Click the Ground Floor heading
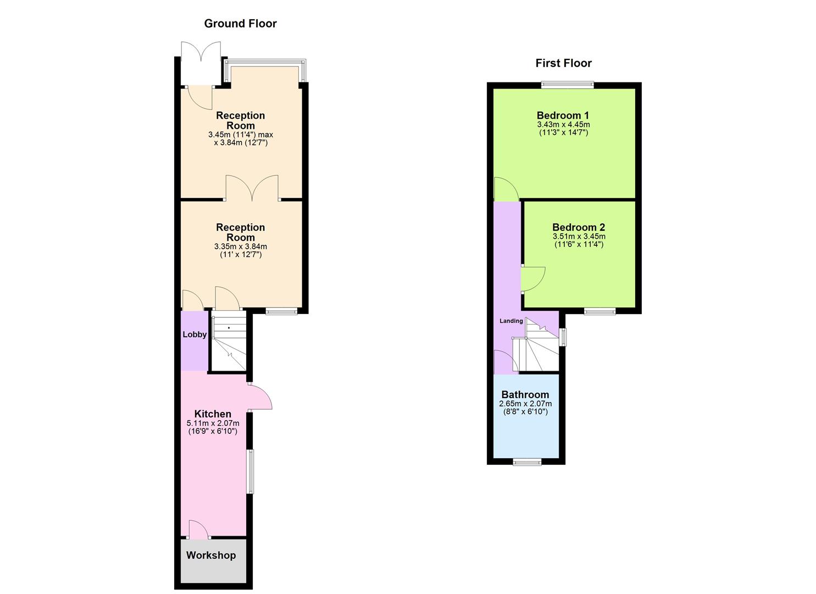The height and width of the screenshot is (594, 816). tap(240, 24)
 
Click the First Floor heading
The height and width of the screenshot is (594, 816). tap(563, 63)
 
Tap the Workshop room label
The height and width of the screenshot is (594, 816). tap(211, 555)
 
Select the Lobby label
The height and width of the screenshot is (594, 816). tap(195, 334)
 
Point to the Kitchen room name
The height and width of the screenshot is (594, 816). tap(213, 414)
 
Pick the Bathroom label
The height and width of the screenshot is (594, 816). tap(525, 395)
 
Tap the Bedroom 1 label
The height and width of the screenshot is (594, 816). tap(563, 116)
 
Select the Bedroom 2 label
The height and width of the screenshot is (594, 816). tap(579, 227)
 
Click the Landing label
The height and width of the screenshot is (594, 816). tap(511, 321)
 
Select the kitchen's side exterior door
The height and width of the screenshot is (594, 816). tap(259, 397)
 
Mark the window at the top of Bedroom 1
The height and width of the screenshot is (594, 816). tap(567, 85)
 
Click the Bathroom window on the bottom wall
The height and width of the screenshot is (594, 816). tap(527, 462)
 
